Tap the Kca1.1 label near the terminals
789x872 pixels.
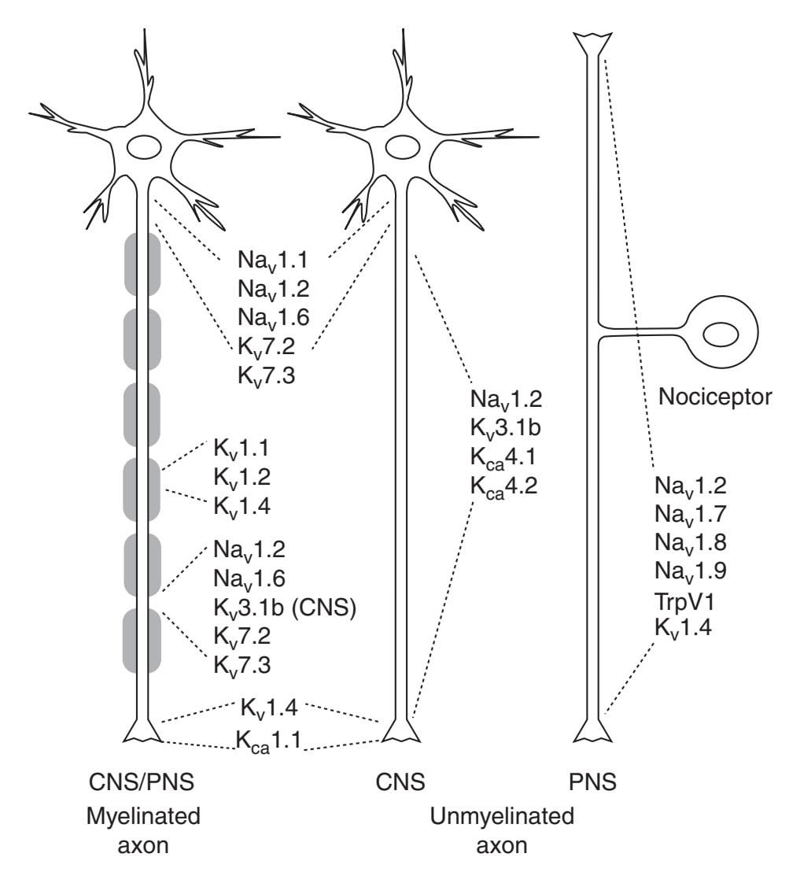click(270, 740)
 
